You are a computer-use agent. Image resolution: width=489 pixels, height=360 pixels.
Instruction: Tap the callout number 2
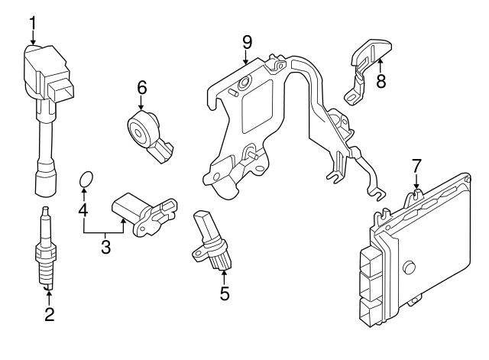[x=49, y=314]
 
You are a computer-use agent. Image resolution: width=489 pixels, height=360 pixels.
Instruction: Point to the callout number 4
[x=83, y=209]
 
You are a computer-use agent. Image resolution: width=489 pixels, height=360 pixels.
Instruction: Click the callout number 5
[x=224, y=292]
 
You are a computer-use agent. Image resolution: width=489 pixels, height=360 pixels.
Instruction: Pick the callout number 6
[x=141, y=89]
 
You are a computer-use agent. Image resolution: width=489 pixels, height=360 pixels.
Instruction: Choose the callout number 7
[x=416, y=166]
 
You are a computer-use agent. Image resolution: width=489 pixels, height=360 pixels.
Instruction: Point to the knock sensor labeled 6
[x=145, y=130]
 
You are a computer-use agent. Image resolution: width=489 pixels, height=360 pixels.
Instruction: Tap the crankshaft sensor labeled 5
[x=209, y=240]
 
